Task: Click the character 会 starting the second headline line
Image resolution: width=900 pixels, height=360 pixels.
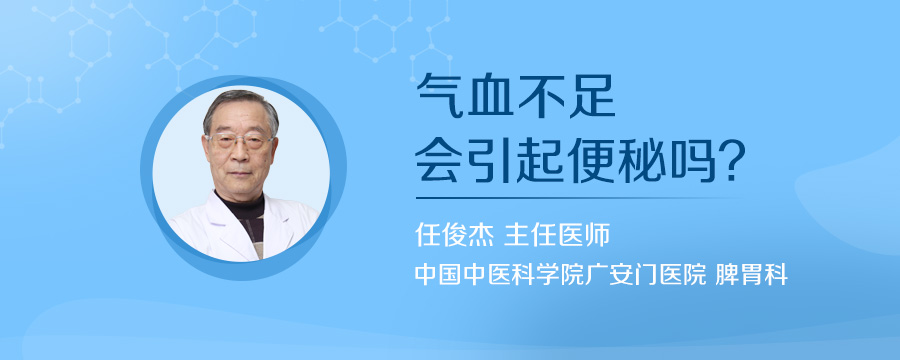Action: click(438, 160)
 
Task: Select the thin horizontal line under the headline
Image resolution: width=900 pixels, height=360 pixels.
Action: click(580, 197)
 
